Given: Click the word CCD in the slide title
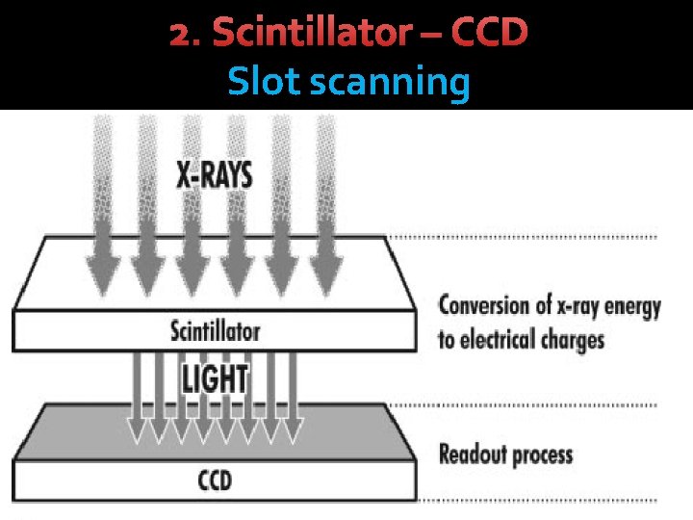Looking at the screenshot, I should (x=489, y=34).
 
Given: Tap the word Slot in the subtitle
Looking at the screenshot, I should (x=265, y=84).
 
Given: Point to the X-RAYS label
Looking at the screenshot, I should (x=214, y=174).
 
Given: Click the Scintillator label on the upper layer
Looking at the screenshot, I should (x=215, y=331).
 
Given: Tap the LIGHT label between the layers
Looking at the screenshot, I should (x=214, y=378).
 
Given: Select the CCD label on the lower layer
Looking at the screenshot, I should (x=214, y=478).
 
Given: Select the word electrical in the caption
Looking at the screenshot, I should (x=504, y=340).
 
